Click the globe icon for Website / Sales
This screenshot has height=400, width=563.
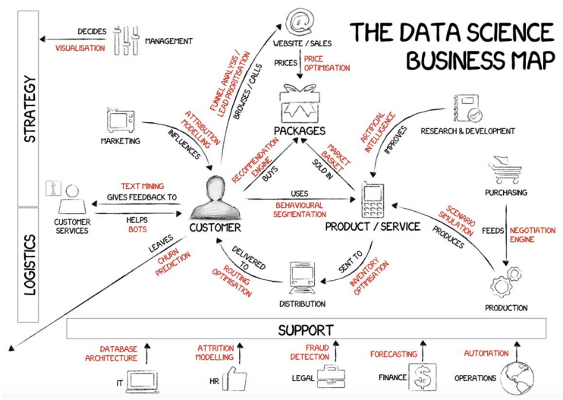coord(301,19)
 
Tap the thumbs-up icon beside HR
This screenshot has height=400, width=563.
coord(237,377)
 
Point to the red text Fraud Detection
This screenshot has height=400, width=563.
coord(310,351)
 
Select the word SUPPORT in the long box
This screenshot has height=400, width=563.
coord(306,329)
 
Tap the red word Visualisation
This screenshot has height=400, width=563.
coord(80,47)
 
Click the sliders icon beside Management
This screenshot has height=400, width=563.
coord(124,41)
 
